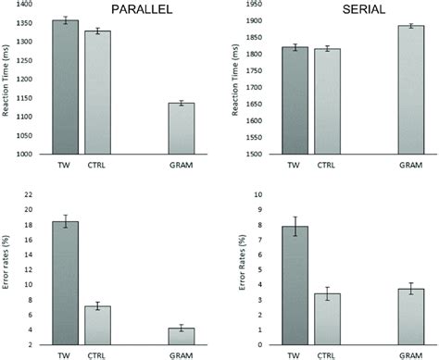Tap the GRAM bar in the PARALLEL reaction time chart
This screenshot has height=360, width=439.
pyautogui.click(x=182, y=130)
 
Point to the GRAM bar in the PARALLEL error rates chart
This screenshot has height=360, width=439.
pyautogui.click(x=182, y=336)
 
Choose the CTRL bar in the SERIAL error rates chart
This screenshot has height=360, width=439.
pyautogui.click(x=327, y=318)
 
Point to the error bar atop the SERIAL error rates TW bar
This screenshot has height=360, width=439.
pyautogui.click(x=295, y=227)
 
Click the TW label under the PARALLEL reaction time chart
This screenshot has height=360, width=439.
pyautogui.click(x=64, y=165)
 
